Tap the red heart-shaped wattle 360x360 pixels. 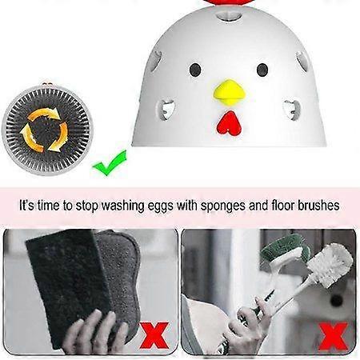pos(230,122)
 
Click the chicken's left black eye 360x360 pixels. pos(195,70)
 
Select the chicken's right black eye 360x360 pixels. pos(262,70)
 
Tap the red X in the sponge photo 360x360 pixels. pos(154,335)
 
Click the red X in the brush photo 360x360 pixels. pos(333,336)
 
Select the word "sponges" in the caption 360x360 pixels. pos(223,206)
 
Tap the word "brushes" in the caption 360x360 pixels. pos(318,206)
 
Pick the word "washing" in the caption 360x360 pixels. pos(122,206)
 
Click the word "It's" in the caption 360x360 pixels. pos(26,206)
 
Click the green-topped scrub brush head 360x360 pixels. pos(284,250)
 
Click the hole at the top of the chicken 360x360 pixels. pos(229,17)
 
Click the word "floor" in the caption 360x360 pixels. pos(282,206)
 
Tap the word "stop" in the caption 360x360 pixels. pos(87,206)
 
